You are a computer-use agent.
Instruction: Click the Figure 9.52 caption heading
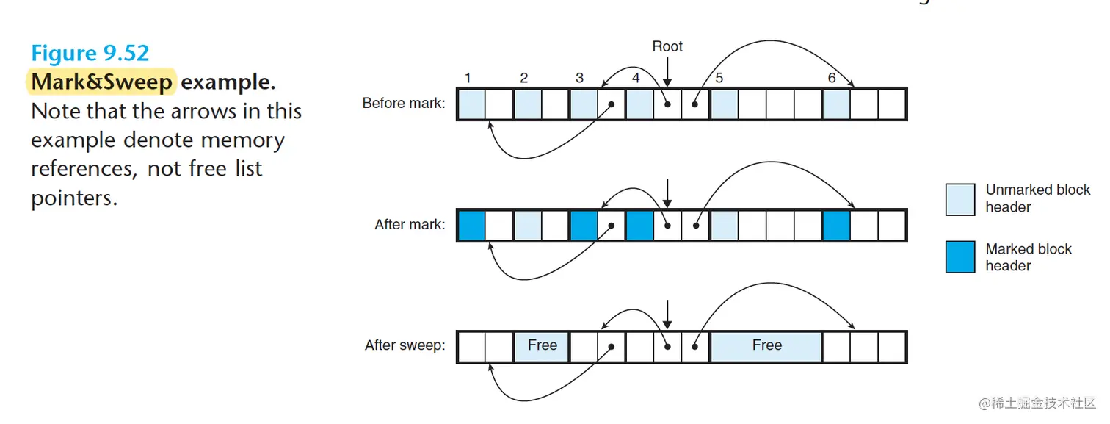pyautogui.click(x=90, y=54)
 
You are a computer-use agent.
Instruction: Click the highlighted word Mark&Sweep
pyautogui.click(x=102, y=82)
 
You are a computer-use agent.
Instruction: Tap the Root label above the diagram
pyautogui.click(x=667, y=46)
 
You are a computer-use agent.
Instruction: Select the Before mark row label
pyautogui.click(x=403, y=104)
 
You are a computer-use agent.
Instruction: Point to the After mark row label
pyautogui.click(x=410, y=224)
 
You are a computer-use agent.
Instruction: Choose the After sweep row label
pyautogui.click(x=405, y=345)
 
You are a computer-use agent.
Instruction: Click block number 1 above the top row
pyautogui.click(x=468, y=78)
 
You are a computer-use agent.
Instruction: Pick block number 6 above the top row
pyautogui.click(x=831, y=78)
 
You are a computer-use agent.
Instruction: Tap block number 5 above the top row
pyautogui.click(x=719, y=78)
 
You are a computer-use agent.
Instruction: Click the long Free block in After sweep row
pyautogui.click(x=766, y=345)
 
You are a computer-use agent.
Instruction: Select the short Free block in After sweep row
pyautogui.click(x=542, y=345)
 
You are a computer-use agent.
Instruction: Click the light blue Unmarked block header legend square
pyautogui.click(x=960, y=199)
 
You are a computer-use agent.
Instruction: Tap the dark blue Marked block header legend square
pyautogui.click(x=960, y=257)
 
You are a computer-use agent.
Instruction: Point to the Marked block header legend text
pyautogui.click(x=1028, y=257)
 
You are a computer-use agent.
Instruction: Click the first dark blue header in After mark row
pyautogui.click(x=471, y=225)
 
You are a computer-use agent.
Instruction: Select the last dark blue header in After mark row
pyautogui.click(x=836, y=225)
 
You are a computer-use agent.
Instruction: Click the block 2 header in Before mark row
pyautogui.click(x=528, y=104)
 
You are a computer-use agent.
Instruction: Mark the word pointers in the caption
pyautogui.click(x=73, y=198)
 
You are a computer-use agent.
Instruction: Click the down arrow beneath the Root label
pyautogui.click(x=667, y=72)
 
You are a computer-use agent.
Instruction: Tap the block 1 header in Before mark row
pyautogui.click(x=471, y=104)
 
